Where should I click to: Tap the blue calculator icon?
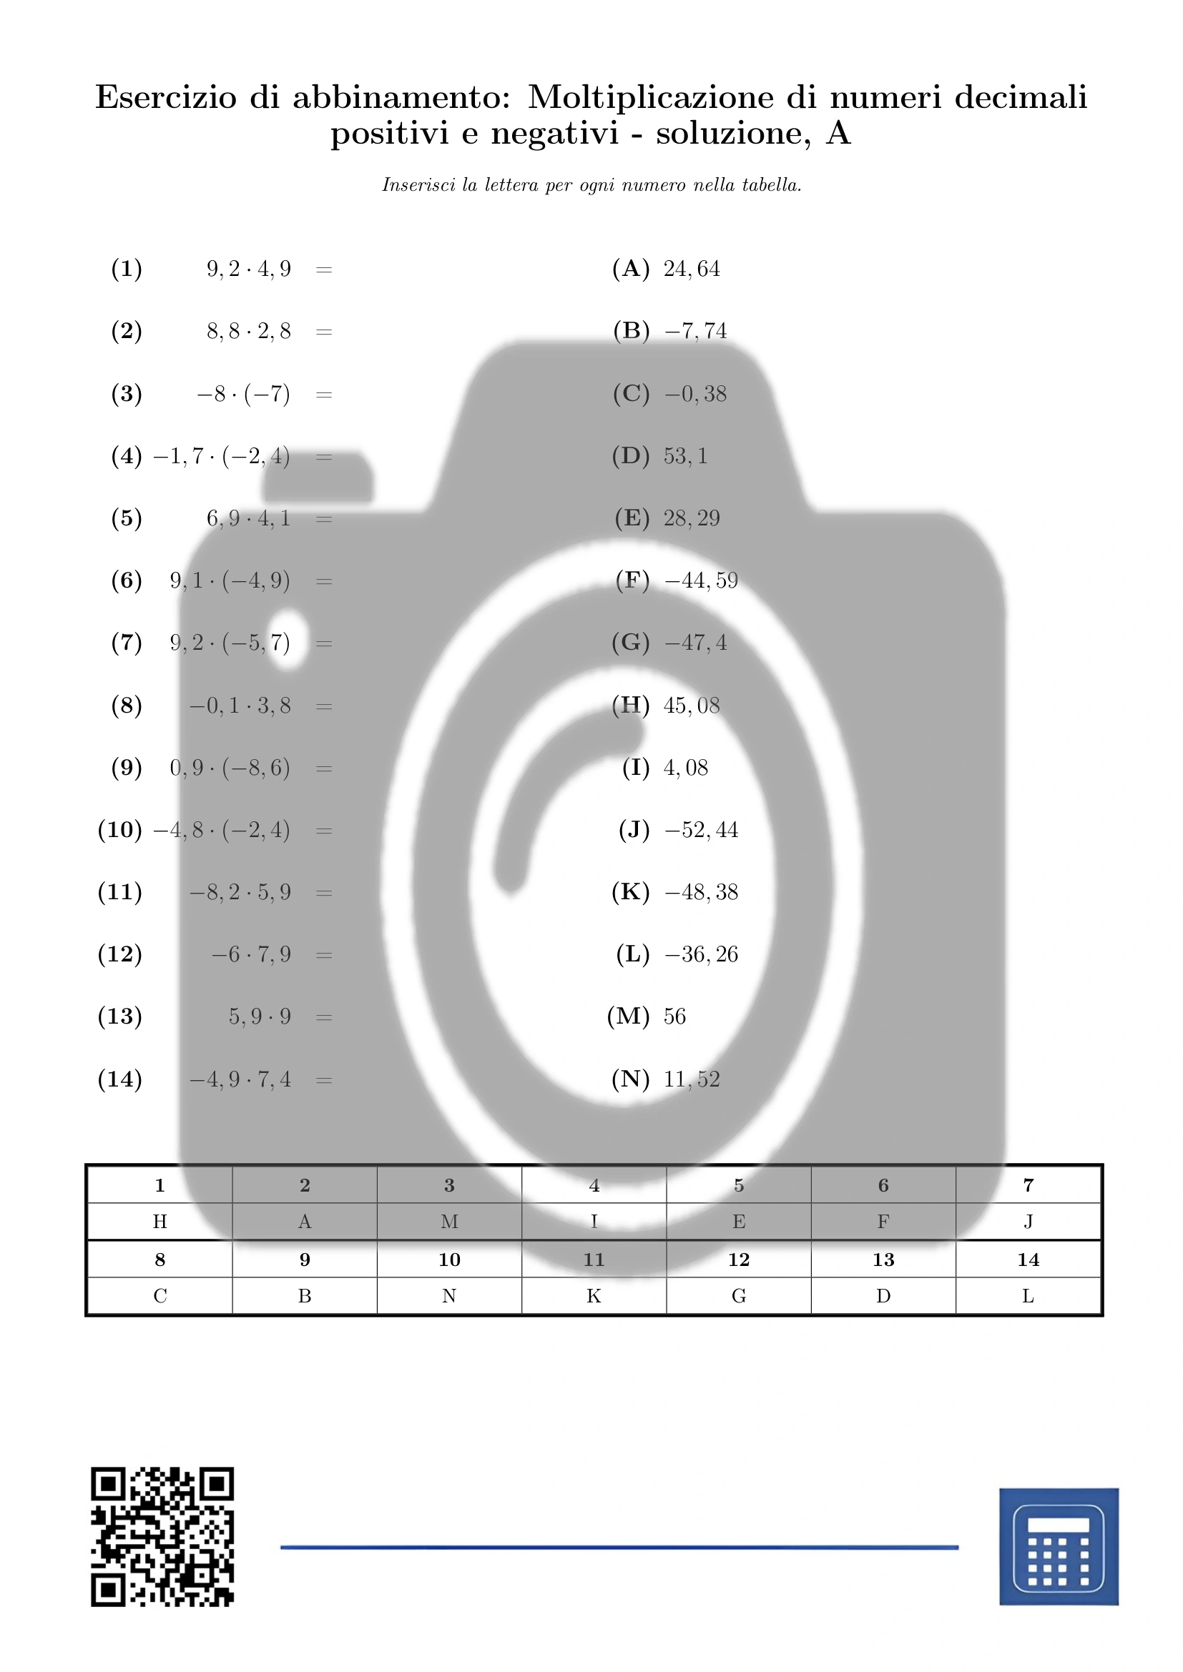[x=1059, y=1546]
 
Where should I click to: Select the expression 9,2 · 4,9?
[x=248, y=269]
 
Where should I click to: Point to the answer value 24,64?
[x=692, y=269]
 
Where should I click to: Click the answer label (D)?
[x=630, y=456]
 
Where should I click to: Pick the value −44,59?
[x=701, y=580]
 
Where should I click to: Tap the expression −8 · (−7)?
[x=243, y=394]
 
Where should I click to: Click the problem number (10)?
[x=119, y=829]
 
